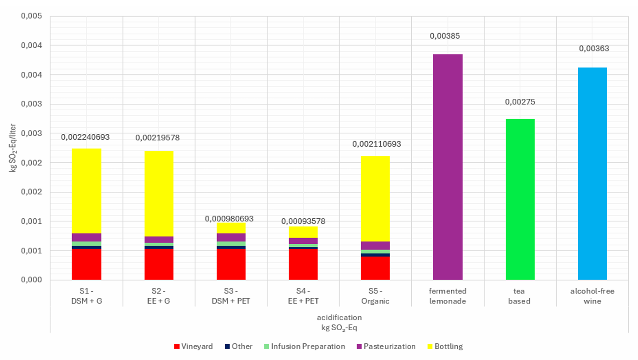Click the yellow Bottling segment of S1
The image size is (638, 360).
coord(86,191)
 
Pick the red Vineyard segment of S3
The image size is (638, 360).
coord(231,264)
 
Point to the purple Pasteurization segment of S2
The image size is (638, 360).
coord(159,240)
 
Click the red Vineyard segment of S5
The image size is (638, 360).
coord(375,268)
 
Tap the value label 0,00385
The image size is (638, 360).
coord(445,36)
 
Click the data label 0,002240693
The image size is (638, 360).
coord(86,137)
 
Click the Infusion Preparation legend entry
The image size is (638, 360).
coord(307,346)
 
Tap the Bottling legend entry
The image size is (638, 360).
coord(448,346)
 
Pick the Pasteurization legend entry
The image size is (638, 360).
coord(389,346)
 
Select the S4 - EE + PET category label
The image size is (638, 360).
coord(303,296)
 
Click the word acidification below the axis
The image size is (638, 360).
coord(339,317)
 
